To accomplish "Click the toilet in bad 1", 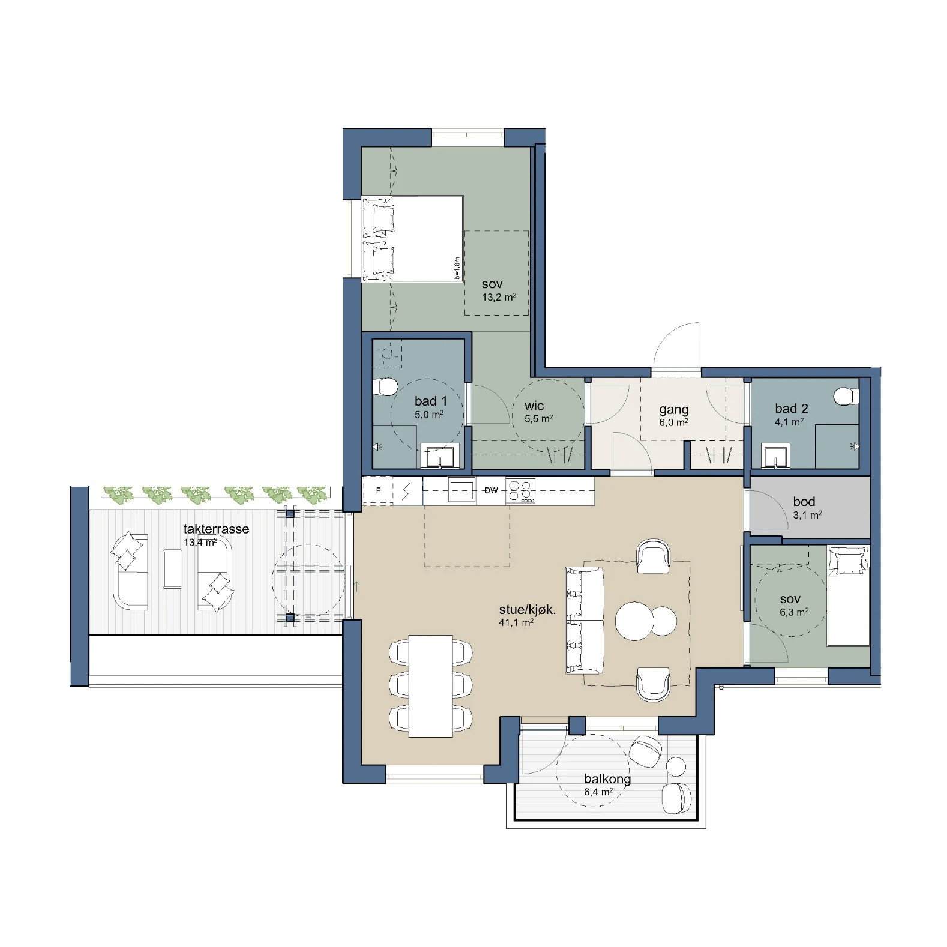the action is tap(385, 387).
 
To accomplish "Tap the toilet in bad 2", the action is tap(846, 396).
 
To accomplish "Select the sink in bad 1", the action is tap(440, 455).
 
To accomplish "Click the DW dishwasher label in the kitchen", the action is tap(491, 490).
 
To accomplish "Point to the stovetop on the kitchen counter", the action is tap(520, 490).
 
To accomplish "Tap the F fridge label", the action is tap(378, 490).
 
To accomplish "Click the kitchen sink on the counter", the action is tap(462, 490).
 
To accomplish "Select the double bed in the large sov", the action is tap(413, 238).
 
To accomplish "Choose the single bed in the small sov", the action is tap(849, 595).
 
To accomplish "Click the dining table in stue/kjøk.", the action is tap(431, 686).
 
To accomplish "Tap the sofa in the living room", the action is tap(585, 620).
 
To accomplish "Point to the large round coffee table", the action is tap(634, 621).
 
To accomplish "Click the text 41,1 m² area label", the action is tap(516, 623).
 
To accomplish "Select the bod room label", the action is tap(804, 502).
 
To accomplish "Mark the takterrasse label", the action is tap(216, 529).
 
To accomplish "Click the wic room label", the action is tap(534, 406).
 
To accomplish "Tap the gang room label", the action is tap(674, 410).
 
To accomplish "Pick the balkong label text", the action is tap(607, 780).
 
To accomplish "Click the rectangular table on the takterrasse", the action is tap(172, 569).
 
